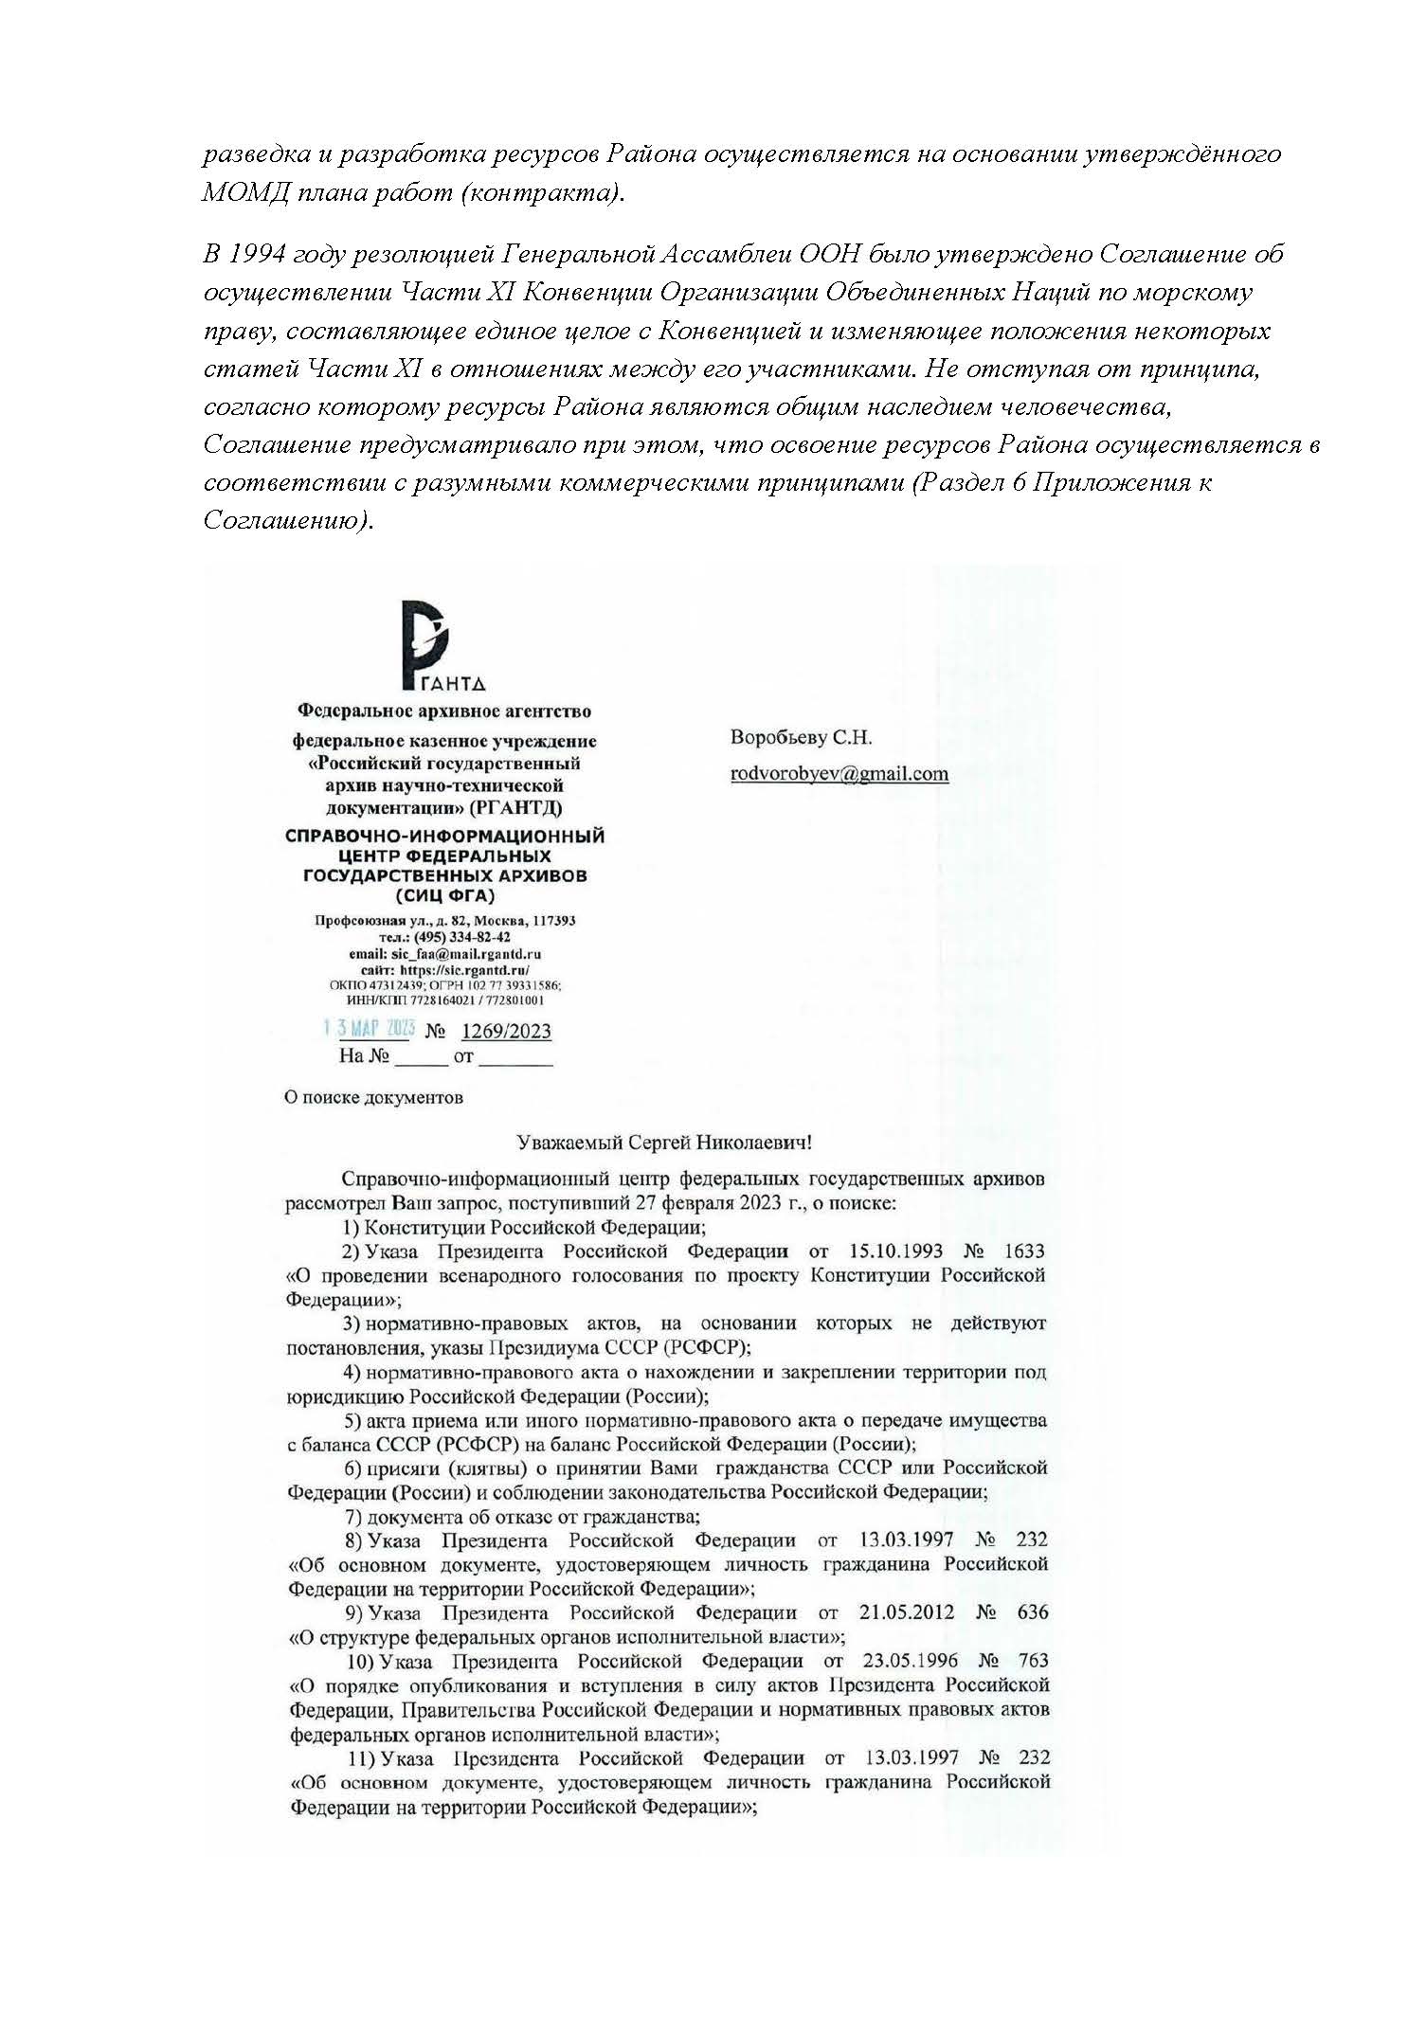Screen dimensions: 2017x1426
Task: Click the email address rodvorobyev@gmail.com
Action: (x=839, y=773)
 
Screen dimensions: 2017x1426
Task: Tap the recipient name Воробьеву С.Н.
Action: (x=801, y=737)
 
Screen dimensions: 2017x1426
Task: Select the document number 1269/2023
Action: (x=505, y=1032)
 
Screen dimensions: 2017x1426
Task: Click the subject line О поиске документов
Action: (x=374, y=1097)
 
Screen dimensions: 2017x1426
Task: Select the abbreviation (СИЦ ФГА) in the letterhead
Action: (x=444, y=896)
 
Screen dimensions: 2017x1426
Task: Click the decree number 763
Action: (x=1033, y=1660)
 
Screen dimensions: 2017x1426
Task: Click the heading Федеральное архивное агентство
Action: (x=444, y=711)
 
